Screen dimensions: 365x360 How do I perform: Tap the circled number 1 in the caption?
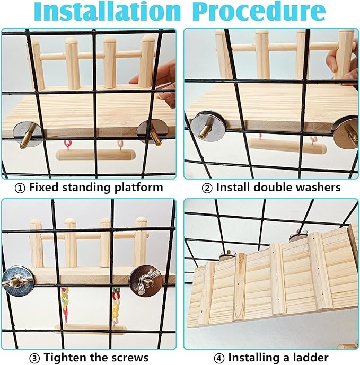tap(20, 187)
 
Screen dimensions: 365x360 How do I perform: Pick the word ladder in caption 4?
tap(312, 357)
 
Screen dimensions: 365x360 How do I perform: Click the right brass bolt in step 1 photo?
tap(155, 137)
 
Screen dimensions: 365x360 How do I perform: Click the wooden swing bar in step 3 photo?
tap(91, 329)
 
